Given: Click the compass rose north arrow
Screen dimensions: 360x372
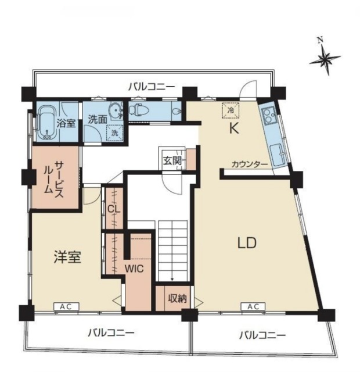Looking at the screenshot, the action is (325, 58).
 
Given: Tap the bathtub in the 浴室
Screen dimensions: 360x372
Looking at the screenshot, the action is (47, 123).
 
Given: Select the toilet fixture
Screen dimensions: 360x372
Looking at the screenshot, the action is (139, 110).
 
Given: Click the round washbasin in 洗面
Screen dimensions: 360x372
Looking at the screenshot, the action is (116, 110).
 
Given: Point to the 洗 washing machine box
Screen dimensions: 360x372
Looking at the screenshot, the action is (115, 133).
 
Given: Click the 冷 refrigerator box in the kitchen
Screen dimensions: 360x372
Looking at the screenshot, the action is (231, 110).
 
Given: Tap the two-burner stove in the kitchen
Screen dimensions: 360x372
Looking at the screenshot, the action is (268, 115).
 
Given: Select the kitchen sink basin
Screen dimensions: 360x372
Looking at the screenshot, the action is (278, 155).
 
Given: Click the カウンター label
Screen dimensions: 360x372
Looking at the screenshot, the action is (250, 164).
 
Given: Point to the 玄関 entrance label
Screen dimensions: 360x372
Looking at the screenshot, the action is (172, 161).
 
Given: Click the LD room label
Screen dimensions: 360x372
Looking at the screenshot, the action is (247, 243).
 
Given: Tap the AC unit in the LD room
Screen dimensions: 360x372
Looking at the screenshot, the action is (253, 306).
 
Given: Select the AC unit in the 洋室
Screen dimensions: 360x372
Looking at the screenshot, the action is (66, 306).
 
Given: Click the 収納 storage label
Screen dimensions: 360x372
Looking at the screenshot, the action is (178, 299).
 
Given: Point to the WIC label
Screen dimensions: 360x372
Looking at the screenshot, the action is (134, 269).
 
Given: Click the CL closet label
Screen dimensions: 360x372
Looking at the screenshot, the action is (114, 209).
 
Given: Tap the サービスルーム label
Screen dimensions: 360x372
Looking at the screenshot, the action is (54, 179).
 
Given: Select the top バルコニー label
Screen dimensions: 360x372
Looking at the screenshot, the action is (152, 87).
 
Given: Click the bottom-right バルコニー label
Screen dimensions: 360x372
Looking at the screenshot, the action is (262, 335).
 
